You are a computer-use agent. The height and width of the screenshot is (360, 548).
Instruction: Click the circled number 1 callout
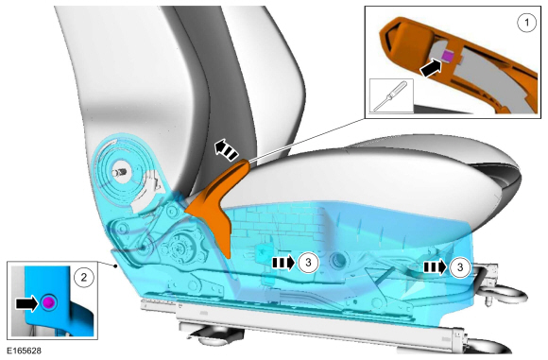[x=526, y=23]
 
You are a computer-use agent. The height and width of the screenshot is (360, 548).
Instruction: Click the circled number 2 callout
[x=84, y=277]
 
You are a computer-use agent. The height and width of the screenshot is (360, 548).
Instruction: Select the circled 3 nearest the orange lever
[x=308, y=263]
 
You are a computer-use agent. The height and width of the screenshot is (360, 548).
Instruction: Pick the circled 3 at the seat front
[x=460, y=267]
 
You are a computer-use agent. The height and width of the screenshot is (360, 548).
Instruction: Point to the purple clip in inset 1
[x=448, y=55]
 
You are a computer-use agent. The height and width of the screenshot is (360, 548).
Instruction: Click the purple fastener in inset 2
[x=48, y=302]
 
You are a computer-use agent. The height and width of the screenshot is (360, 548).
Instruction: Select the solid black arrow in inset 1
[x=431, y=67]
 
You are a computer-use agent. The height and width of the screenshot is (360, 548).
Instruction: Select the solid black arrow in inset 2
[x=26, y=302]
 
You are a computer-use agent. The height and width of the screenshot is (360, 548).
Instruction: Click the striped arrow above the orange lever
[x=226, y=149]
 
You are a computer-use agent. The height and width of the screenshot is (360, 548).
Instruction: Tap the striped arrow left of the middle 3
[x=283, y=263]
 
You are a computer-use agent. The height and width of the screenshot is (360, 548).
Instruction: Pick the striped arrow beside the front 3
[x=436, y=267]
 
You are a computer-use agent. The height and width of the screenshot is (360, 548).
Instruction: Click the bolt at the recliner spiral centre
[x=120, y=172]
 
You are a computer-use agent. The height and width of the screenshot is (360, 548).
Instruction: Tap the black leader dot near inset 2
[x=116, y=266]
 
